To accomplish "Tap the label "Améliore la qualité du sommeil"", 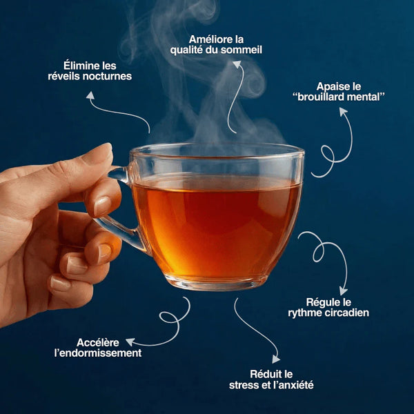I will [218, 45].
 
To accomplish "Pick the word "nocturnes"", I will [107, 77].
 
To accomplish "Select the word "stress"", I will [243, 384].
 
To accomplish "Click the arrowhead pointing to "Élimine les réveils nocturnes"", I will [90, 96].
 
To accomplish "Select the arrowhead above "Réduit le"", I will [276, 358].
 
